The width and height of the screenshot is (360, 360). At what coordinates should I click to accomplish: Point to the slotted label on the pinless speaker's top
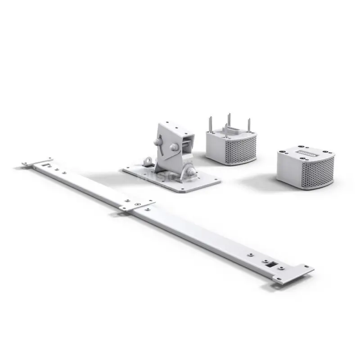pos(306,153)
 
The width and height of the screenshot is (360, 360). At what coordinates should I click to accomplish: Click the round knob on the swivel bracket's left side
pos(157,142)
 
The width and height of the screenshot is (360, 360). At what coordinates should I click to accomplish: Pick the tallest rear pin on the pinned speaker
pos(229,120)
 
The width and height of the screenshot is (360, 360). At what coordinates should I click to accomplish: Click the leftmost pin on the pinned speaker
pos(210,124)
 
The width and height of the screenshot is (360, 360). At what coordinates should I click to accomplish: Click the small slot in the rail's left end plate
pos(44,165)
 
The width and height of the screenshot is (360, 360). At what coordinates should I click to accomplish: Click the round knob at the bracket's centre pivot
pos(174,147)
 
